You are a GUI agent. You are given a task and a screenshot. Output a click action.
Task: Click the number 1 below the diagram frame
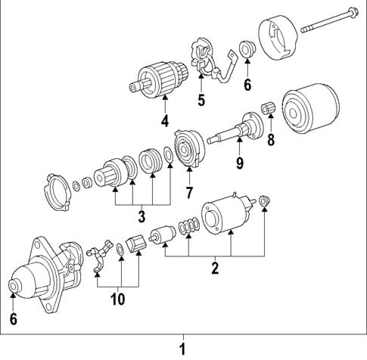coord(182,349)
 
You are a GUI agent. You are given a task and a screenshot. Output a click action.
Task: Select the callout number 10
coord(117,299)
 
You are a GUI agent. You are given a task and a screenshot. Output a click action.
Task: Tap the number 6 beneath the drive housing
coord(13,318)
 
